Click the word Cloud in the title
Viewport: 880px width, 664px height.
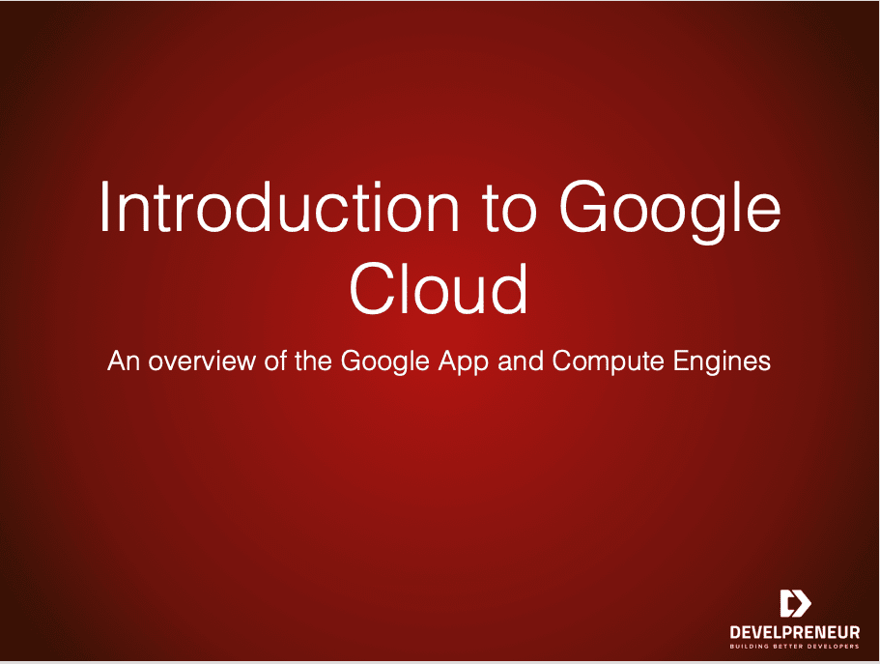point(439,289)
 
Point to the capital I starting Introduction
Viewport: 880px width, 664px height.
point(106,207)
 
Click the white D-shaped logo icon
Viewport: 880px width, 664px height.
point(795,603)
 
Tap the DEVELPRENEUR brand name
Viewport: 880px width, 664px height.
point(795,631)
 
